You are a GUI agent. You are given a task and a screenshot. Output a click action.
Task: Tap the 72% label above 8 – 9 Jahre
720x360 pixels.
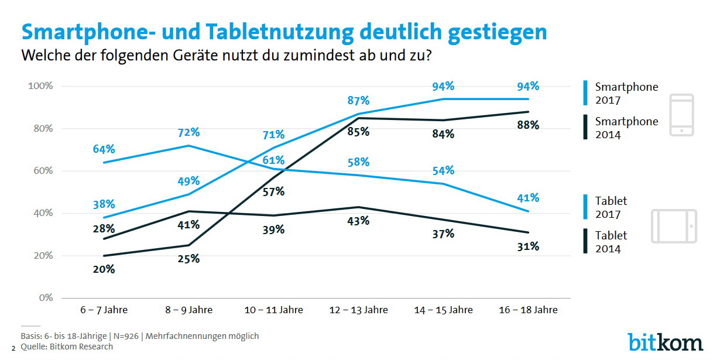188,131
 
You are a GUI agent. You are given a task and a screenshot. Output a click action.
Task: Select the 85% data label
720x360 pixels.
358,132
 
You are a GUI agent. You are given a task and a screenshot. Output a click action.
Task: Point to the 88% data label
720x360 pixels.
527,125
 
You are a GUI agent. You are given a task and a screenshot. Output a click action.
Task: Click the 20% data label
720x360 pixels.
104,270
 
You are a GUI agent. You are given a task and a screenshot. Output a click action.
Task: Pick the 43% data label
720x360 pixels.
358,221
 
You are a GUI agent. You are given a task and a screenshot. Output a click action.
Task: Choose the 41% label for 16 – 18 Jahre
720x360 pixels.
527,198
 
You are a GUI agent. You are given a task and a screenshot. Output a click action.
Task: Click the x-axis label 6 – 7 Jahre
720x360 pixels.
104,310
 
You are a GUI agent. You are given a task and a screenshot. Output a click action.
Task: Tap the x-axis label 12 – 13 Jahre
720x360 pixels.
358,310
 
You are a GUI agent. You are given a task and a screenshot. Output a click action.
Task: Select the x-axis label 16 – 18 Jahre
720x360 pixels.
528,310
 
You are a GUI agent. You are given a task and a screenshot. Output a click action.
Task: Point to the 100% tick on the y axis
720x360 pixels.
40,86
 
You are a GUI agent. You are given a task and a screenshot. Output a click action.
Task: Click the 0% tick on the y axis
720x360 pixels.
46,298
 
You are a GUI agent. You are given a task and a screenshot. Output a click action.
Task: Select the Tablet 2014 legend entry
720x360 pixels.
611,241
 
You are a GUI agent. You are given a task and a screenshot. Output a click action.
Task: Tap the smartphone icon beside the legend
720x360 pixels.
681,115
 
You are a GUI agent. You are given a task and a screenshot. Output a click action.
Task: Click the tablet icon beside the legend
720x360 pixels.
674,226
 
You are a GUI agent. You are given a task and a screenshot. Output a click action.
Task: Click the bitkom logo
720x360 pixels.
666,341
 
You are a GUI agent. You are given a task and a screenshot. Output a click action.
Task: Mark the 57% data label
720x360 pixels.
273,191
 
